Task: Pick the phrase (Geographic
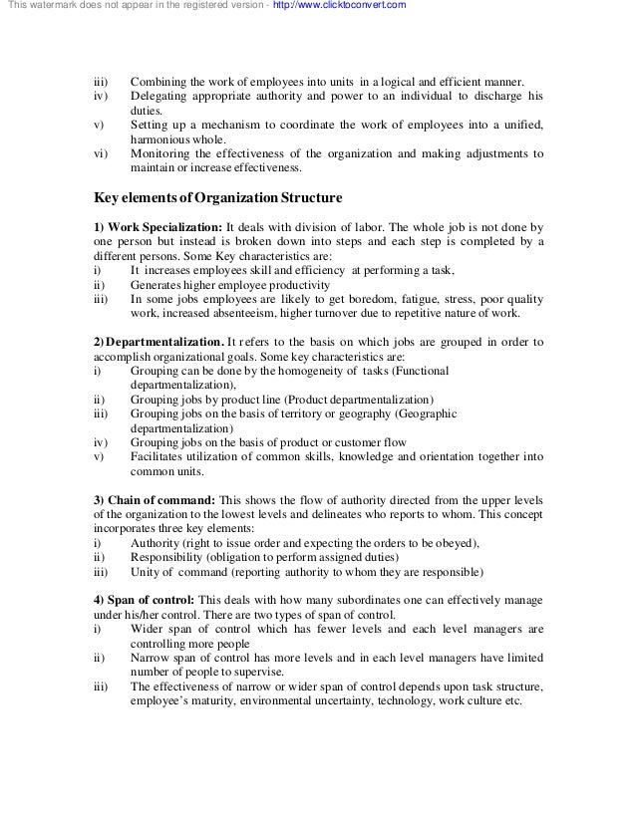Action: pos(427,414)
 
